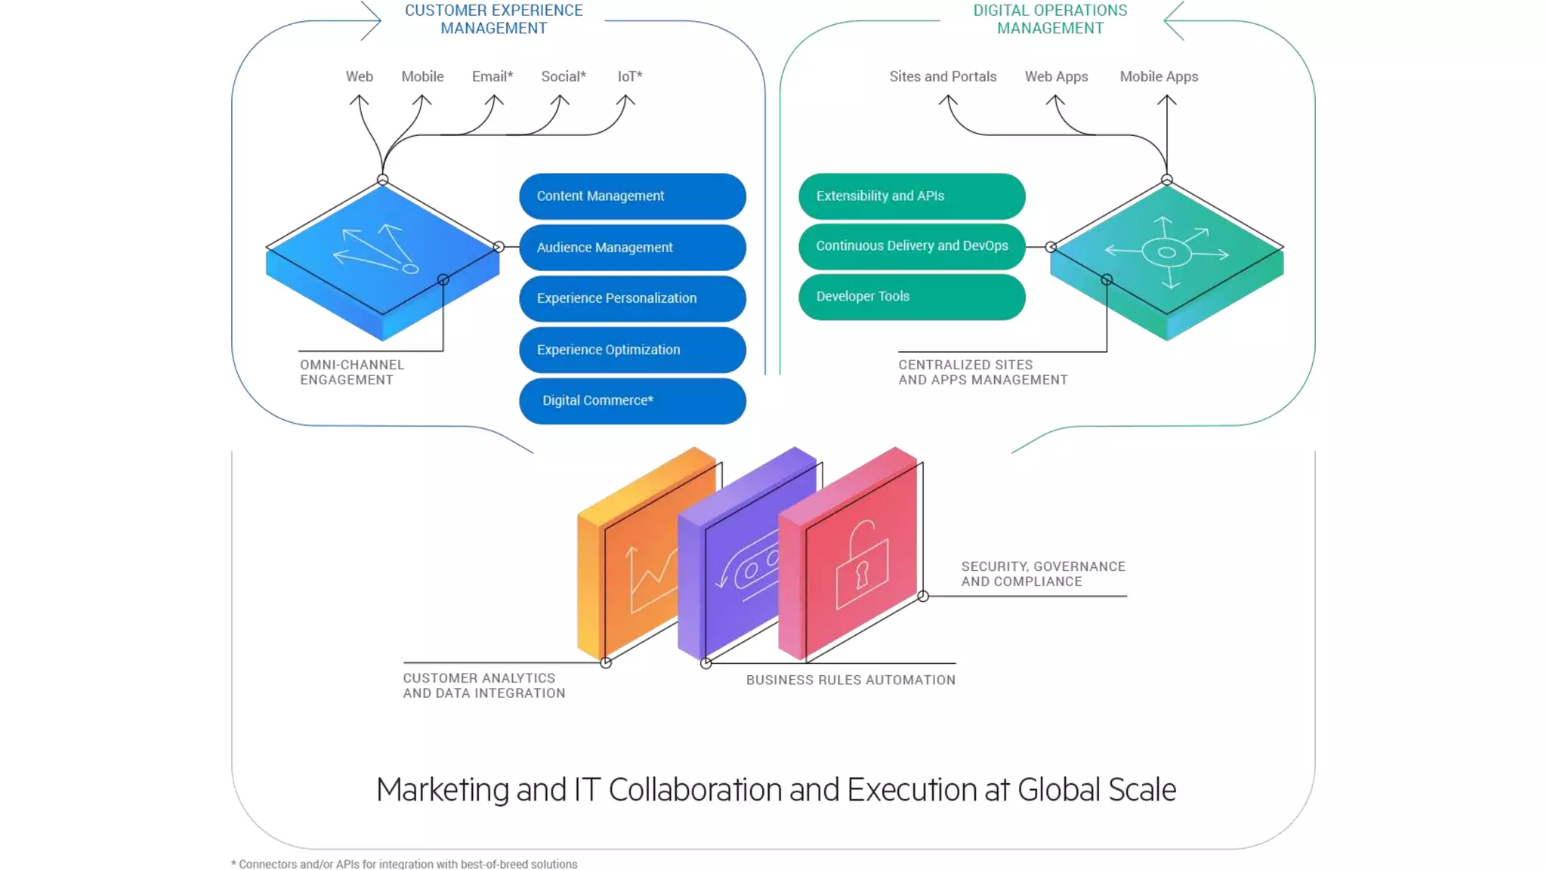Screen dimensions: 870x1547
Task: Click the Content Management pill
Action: click(x=632, y=196)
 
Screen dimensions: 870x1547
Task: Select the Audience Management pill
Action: click(x=632, y=248)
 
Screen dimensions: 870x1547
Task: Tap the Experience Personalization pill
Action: click(x=632, y=298)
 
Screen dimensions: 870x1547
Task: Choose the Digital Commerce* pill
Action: click(x=632, y=401)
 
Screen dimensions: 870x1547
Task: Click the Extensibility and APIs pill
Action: click(x=912, y=196)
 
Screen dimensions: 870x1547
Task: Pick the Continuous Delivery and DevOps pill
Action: click(x=912, y=246)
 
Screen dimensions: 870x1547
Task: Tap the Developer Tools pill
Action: click(x=912, y=297)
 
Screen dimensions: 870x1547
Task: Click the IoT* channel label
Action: click(x=630, y=76)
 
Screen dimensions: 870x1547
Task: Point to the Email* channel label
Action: click(x=493, y=76)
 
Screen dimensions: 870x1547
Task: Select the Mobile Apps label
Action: click(x=1159, y=76)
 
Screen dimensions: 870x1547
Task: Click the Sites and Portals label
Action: click(x=943, y=76)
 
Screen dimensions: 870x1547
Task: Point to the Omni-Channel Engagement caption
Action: click(x=352, y=372)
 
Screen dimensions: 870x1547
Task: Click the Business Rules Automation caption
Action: click(x=851, y=680)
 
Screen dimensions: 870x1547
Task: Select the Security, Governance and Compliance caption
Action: click(x=1043, y=574)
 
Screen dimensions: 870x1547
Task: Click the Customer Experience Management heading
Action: click(x=493, y=20)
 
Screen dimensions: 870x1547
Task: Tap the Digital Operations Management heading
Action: click(x=1050, y=20)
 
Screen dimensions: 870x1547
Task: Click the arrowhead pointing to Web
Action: click(x=360, y=99)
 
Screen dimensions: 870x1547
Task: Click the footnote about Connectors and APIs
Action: click(x=404, y=864)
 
